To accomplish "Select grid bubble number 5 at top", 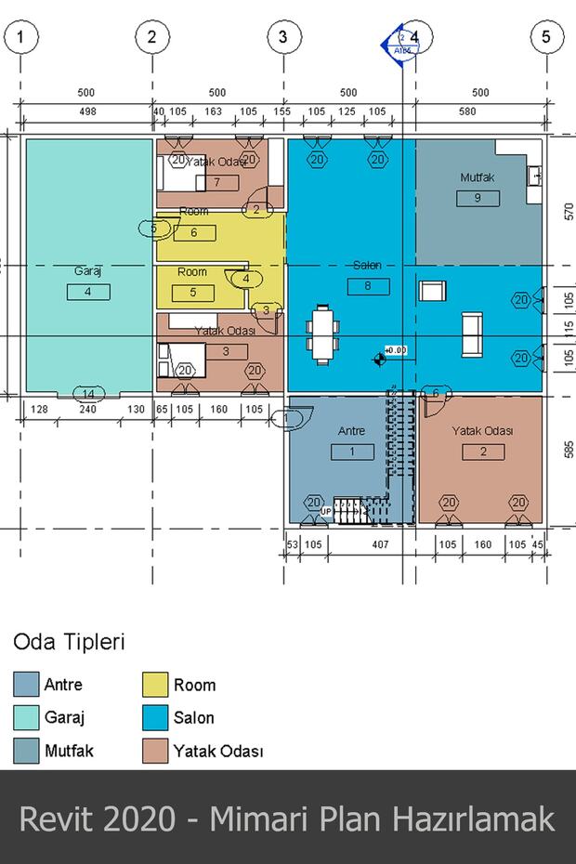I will click(x=546, y=37).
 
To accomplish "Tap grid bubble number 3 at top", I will click(x=283, y=37).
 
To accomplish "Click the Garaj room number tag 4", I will click(x=88, y=292).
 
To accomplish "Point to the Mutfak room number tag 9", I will click(x=478, y=197).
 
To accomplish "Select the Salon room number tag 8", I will click(x=368, y=286).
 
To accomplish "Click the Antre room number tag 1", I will click(x=352, y=452).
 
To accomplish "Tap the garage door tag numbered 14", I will click(x=88, y=392).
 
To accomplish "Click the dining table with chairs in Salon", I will click(x=322, y=332).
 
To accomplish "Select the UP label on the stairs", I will click(x=326, y=512).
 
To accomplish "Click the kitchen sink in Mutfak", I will click(x=534, y=175).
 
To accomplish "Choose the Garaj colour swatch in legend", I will click(x=25, y=718).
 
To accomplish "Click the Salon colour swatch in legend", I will click(x=154, y=718).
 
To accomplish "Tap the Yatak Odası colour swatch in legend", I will click(x=154, y=751).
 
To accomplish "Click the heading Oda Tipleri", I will click(x=68, y=642).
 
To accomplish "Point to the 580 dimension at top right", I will click(x=466, y=111).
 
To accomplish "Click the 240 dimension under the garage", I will click(x=89, y=410).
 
